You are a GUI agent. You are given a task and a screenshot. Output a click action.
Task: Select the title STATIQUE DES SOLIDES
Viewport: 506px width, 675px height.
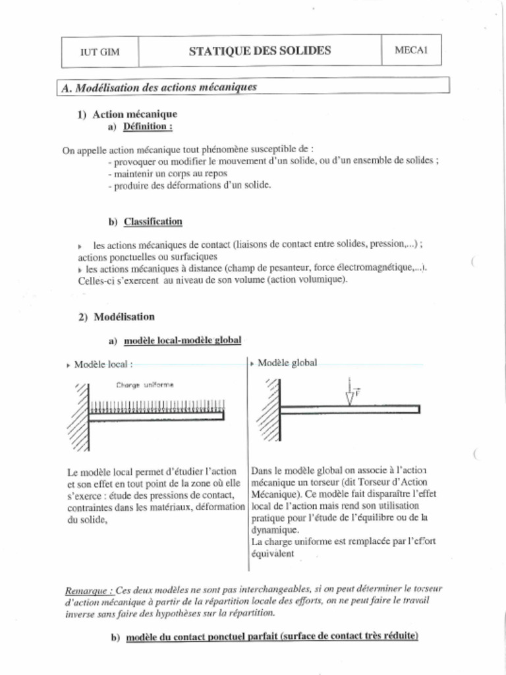(260, 51)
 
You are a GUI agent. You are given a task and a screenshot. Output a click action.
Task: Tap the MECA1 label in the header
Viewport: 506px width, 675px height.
(411, 51)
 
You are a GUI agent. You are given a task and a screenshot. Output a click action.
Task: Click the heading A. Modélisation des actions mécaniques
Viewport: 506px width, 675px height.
(159, 87)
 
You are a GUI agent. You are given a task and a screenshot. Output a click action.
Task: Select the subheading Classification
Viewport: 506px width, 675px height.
(153, 221)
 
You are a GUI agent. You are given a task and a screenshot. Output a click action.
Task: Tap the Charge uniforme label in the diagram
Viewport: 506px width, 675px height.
(145, 385)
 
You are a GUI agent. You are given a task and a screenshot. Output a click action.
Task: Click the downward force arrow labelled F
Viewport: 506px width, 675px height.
(350, 394)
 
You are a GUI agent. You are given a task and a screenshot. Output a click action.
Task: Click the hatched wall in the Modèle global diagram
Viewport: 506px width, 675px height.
(269, 409)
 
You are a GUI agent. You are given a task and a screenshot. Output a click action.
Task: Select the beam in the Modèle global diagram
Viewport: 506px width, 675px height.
(349, 409)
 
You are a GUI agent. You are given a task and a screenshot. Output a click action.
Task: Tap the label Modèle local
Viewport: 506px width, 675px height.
(103, 364)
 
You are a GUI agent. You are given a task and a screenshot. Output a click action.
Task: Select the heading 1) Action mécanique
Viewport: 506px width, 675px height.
(135, 114)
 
